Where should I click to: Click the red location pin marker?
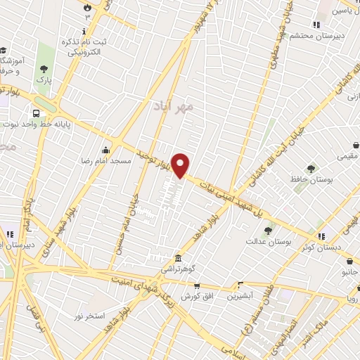point(181,165)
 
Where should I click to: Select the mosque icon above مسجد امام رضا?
point(105,149)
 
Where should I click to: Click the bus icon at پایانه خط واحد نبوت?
point(36,112)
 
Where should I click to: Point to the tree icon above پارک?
point(45,68)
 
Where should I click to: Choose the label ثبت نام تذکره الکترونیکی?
point(85,47)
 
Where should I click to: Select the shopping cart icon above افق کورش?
point(196,285)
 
